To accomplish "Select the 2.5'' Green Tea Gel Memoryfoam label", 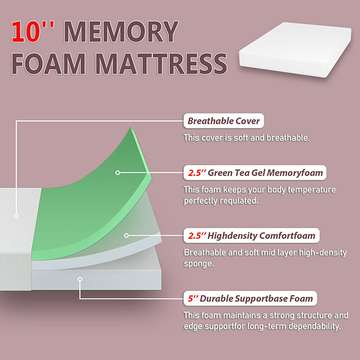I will pyautogui.click(x=256, y=173).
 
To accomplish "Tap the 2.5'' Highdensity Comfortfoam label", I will pyautogui.click(x=251, y=235).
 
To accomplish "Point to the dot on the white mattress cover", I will pyautogui.click(x=17, y=215).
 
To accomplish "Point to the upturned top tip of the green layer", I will pyautogui.click(x=132, y=131).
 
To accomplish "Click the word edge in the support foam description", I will pyautogui.click(x=195, y=326).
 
